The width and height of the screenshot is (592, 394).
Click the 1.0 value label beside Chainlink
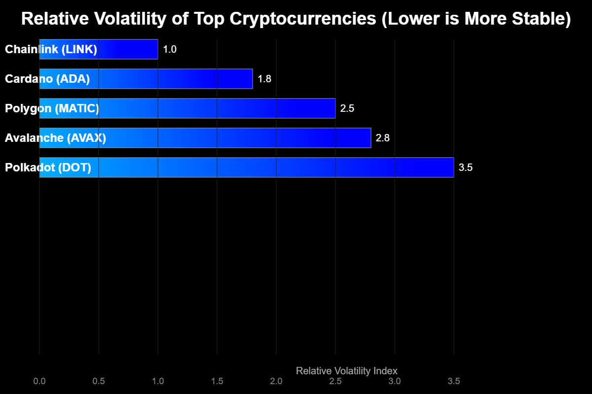click(x=170, y=49)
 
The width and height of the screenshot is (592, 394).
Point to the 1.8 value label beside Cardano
click(x=264, y=79)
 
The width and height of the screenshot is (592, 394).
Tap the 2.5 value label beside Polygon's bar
click(x=347, y=108)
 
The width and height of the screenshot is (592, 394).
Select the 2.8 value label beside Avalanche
click(x=383, y=138)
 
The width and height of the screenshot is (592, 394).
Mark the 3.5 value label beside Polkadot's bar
click(x=466, y=167)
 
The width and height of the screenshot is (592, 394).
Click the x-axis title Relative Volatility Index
click(x=346, y=370)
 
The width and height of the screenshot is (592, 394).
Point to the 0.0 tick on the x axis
click(x=39, y=381)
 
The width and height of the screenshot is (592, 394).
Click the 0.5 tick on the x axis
click(x=99, y=381)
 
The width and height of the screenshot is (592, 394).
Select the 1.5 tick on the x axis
click(x=217, y=381)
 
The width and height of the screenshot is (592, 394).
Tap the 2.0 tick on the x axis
click(x=276, y=381)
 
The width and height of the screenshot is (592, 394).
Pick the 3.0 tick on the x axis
click(x=395, y=381)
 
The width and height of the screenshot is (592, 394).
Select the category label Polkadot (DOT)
click(x=48, y=167)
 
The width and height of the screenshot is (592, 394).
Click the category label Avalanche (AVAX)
click(x=55, y=138)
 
